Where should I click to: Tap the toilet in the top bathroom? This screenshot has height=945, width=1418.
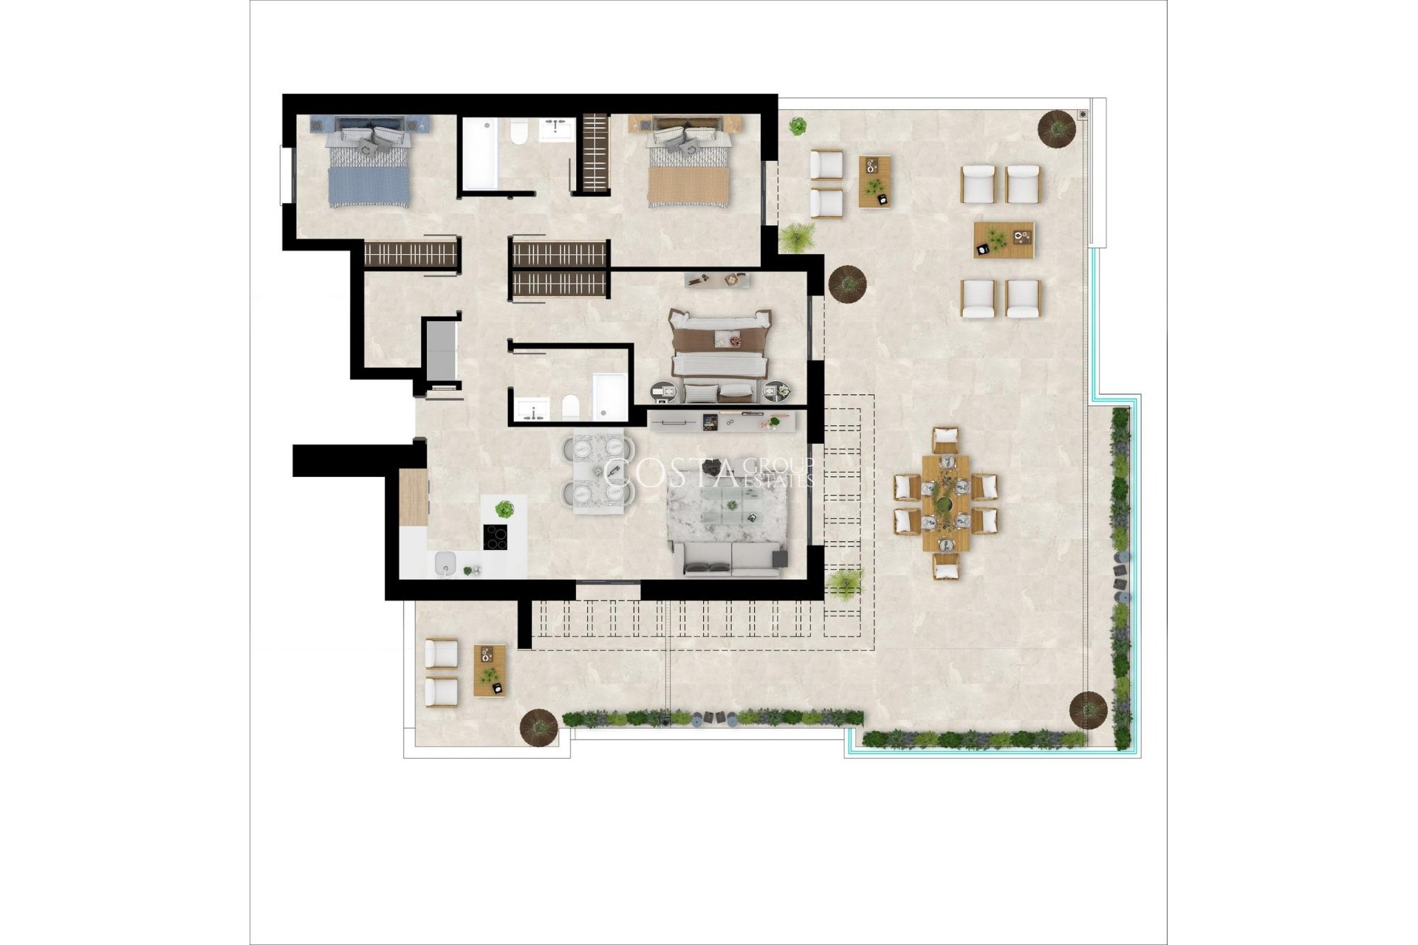pyautogui.click(x=518, y=133)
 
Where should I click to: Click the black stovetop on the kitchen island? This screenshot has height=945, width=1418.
pyautogui.click(x=496, y=537)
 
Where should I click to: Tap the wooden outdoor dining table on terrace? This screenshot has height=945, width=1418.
pyautogui.click(x=945, y=502)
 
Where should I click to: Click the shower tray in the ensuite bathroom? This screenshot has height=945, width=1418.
pyautogui.click(x=610, y=396)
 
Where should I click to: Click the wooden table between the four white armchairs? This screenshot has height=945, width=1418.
pyautogui.click(x=1003, y=240)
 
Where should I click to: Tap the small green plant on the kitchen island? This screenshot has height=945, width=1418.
pyautogui.click(x=504, y=509)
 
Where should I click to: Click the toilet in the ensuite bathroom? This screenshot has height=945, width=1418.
pyautogui.click(x=569, y=406)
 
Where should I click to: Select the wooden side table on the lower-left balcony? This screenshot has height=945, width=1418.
pyautogui.click(x=490, y=670)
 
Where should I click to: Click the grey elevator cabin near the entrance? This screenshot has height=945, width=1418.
pyautogui.click(x=440, y=347)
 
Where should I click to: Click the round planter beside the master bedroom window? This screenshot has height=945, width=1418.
pyautogui.click(x=847, y=283)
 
